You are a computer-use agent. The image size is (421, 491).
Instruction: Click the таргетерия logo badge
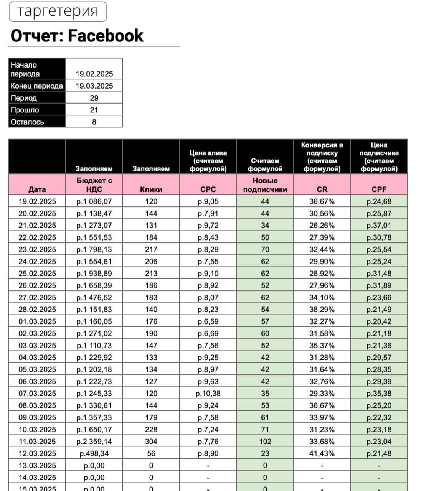58,12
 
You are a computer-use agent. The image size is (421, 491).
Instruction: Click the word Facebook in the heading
106,36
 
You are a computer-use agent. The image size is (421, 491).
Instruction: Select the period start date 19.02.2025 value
94,74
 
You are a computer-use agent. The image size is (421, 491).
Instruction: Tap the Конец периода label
37,86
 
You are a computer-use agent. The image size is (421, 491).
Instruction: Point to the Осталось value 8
94,122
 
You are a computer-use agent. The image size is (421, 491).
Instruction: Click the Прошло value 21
94,110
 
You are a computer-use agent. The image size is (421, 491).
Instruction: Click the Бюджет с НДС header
94,185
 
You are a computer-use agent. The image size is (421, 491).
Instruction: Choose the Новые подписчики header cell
265,185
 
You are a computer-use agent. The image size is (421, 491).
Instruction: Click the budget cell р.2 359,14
94,442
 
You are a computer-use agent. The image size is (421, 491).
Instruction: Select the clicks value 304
151,442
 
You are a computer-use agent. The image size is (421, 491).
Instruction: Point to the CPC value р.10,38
208,394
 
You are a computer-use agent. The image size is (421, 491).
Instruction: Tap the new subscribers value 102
265,442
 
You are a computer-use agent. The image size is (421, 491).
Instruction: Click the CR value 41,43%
322,453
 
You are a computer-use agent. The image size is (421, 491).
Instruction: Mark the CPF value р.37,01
379,226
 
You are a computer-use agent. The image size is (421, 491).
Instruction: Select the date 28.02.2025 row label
37,310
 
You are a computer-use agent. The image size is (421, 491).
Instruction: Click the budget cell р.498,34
94,453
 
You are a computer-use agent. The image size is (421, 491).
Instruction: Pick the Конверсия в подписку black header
322,157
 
